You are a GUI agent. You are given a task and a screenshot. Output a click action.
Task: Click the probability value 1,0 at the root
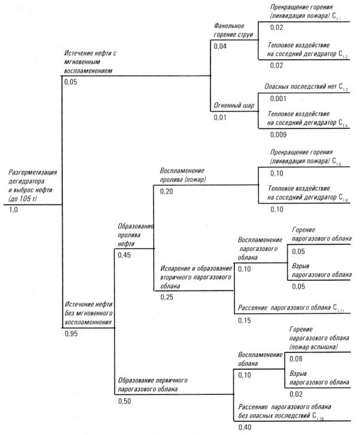[x=14, y=210]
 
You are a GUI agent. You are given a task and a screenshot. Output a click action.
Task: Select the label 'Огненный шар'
[x=234, y=106]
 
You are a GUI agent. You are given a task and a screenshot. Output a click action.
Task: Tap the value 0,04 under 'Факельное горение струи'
[x=221, y=46]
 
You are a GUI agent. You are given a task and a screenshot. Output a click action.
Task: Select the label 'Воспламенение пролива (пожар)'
[x=189, y=176]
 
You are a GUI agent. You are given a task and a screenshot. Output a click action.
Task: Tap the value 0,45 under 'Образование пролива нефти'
[x=125, y=256]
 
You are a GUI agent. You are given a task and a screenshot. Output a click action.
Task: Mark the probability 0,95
[x=72, y=333]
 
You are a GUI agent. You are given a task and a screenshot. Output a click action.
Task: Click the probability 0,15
[x=245, y=320]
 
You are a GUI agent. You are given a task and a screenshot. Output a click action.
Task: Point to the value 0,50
[x=125, y=400]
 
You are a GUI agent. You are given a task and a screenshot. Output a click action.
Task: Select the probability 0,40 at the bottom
[x=245, y=427]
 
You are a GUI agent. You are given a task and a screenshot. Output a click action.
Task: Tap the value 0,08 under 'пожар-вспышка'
[x=296, y=359]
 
